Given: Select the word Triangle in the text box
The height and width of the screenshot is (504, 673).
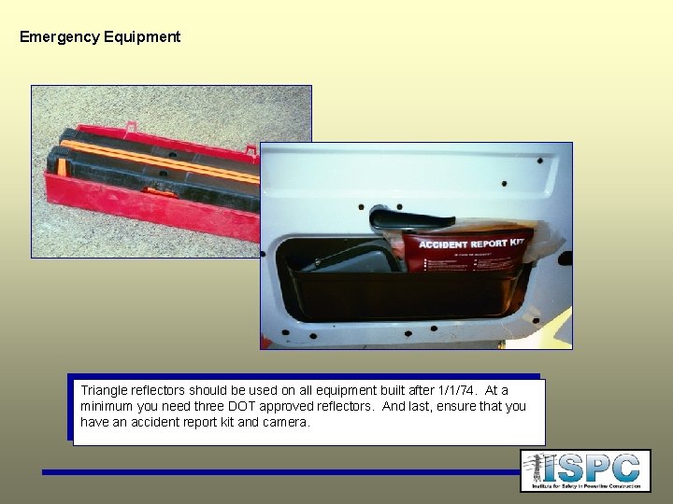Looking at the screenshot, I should tap(106, 390).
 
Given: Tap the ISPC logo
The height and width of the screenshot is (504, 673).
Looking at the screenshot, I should tap(585, 470).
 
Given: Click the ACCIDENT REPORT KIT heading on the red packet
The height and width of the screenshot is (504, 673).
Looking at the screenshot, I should tap(470, 245).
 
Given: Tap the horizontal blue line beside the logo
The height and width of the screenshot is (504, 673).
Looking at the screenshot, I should tap(280, 472).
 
